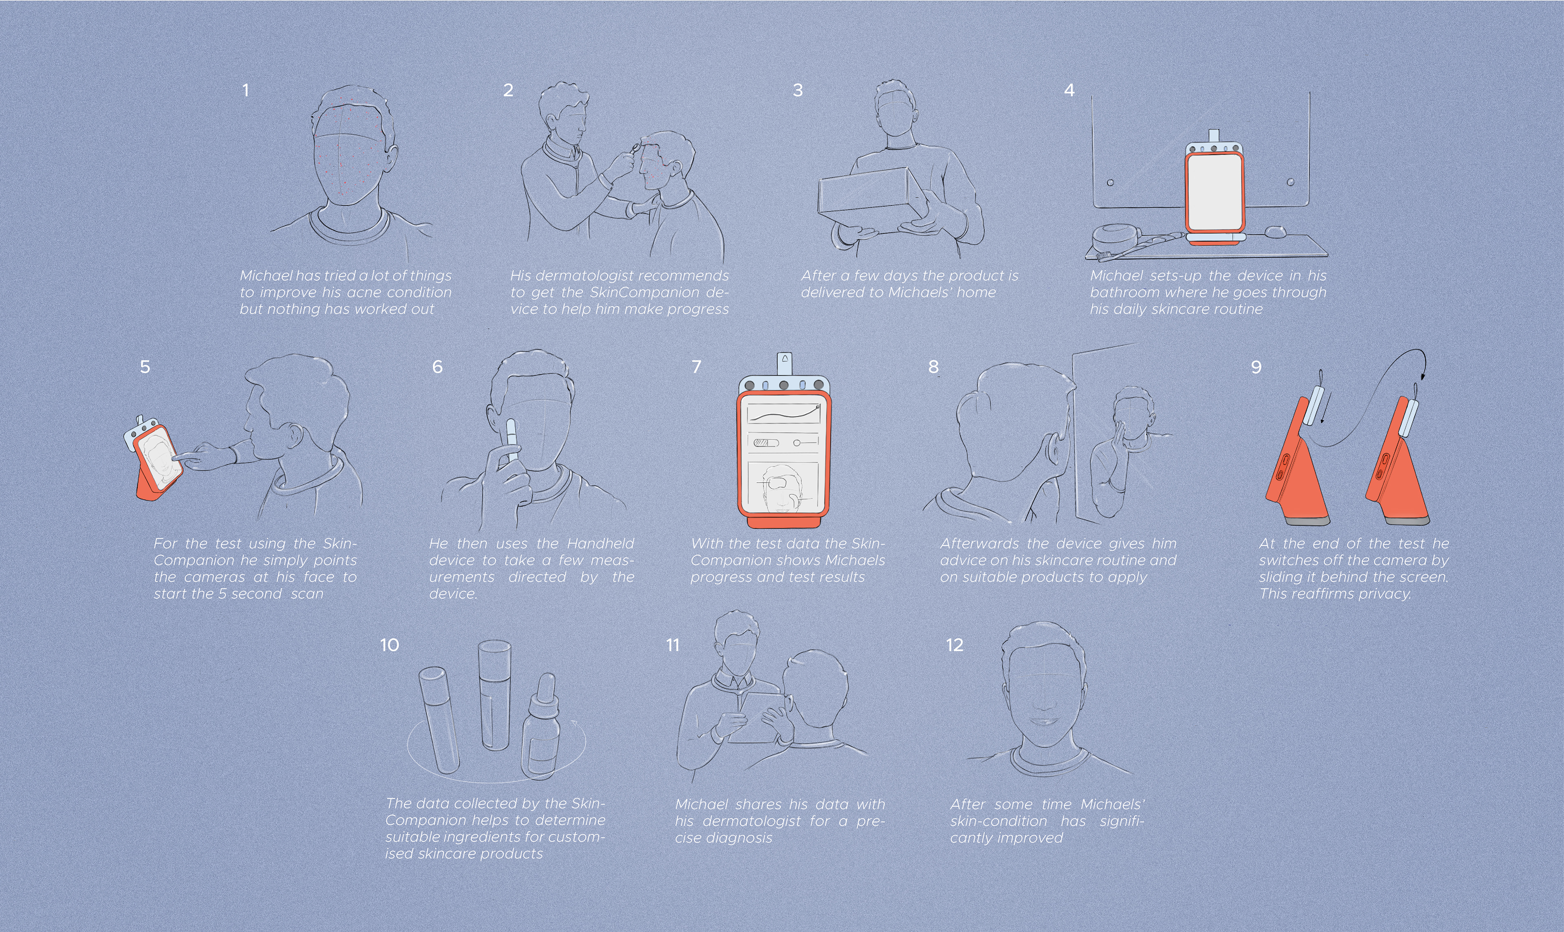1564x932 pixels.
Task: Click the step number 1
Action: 246,90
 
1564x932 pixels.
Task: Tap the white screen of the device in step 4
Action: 1214,191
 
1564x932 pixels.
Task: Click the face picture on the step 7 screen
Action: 782,487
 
